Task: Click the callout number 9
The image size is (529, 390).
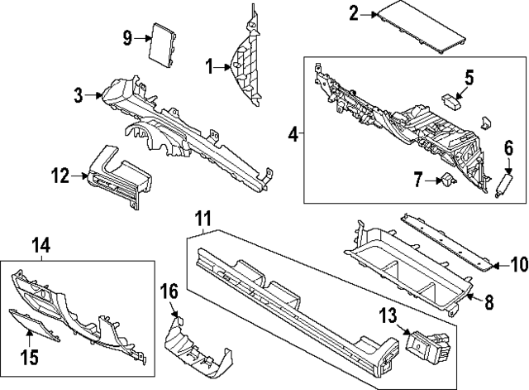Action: (x=127, y=38)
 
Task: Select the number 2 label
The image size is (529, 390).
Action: (x=354, y=14)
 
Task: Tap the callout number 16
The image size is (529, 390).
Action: (x=169, y=291)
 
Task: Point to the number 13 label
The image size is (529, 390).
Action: (x=388, y=316)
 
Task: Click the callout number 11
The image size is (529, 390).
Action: (x=203, y=219)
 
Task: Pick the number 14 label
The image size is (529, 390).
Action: (x=41, y=245)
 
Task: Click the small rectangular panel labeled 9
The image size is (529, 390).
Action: (x=164, y=46)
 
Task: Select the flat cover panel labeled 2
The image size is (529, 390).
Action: (x=422, y=27)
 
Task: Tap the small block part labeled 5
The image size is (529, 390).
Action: (x=451, y=101)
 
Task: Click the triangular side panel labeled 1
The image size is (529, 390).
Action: (x=246, y=55)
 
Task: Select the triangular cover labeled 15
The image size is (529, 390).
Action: (x=34, y=325)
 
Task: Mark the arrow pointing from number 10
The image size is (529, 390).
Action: (x=501, y=266)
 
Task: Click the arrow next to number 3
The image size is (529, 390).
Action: (x=93, y=95)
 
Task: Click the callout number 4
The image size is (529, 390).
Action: (x=293, y=135)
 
